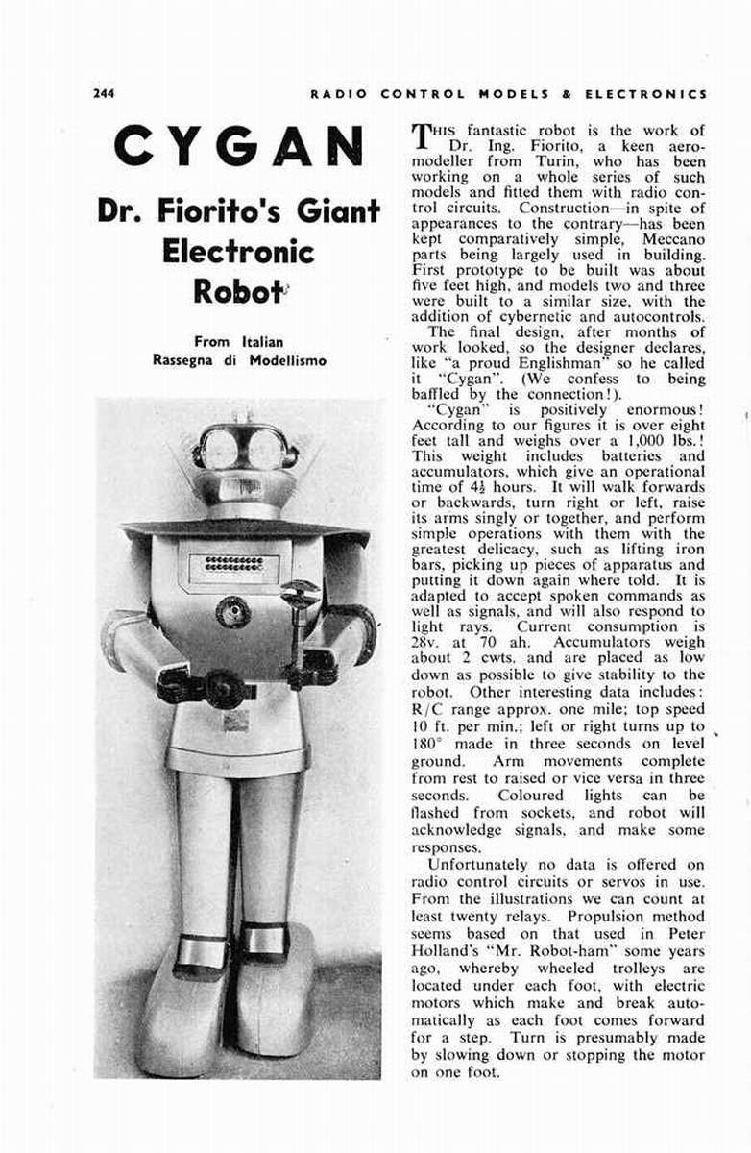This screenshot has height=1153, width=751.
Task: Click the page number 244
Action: pos(104,93)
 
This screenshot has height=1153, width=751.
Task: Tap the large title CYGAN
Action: pos(238,147)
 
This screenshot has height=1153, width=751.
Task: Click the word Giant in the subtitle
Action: pos(326,210)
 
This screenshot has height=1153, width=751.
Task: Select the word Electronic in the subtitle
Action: pos(238,251)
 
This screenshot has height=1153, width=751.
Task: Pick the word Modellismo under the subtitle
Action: pos(288,360)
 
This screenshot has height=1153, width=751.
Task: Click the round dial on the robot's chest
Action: pos(233,611)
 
